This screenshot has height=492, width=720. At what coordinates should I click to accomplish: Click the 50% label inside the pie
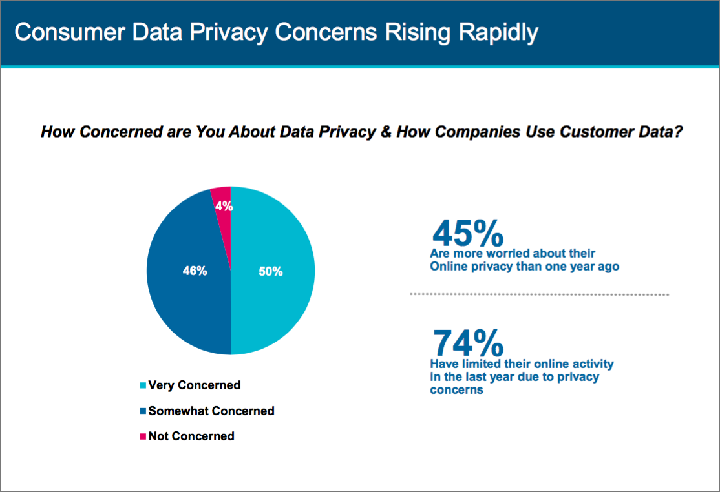coord(271,272)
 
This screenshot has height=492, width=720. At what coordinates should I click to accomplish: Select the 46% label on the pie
coord(195,271)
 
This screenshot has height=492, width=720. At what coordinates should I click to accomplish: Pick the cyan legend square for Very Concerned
coord(143,385)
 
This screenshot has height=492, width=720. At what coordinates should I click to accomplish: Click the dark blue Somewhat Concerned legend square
coord(143,411)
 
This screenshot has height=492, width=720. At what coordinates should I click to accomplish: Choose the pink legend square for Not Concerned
coord(143,436)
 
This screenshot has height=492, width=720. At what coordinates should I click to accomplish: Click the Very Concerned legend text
coord(194,385)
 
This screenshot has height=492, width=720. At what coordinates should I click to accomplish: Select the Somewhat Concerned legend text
coord(211,411)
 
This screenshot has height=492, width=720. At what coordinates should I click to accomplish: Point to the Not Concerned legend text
coord(191,436)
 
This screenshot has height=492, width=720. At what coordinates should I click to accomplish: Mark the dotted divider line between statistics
coord(540,294)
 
